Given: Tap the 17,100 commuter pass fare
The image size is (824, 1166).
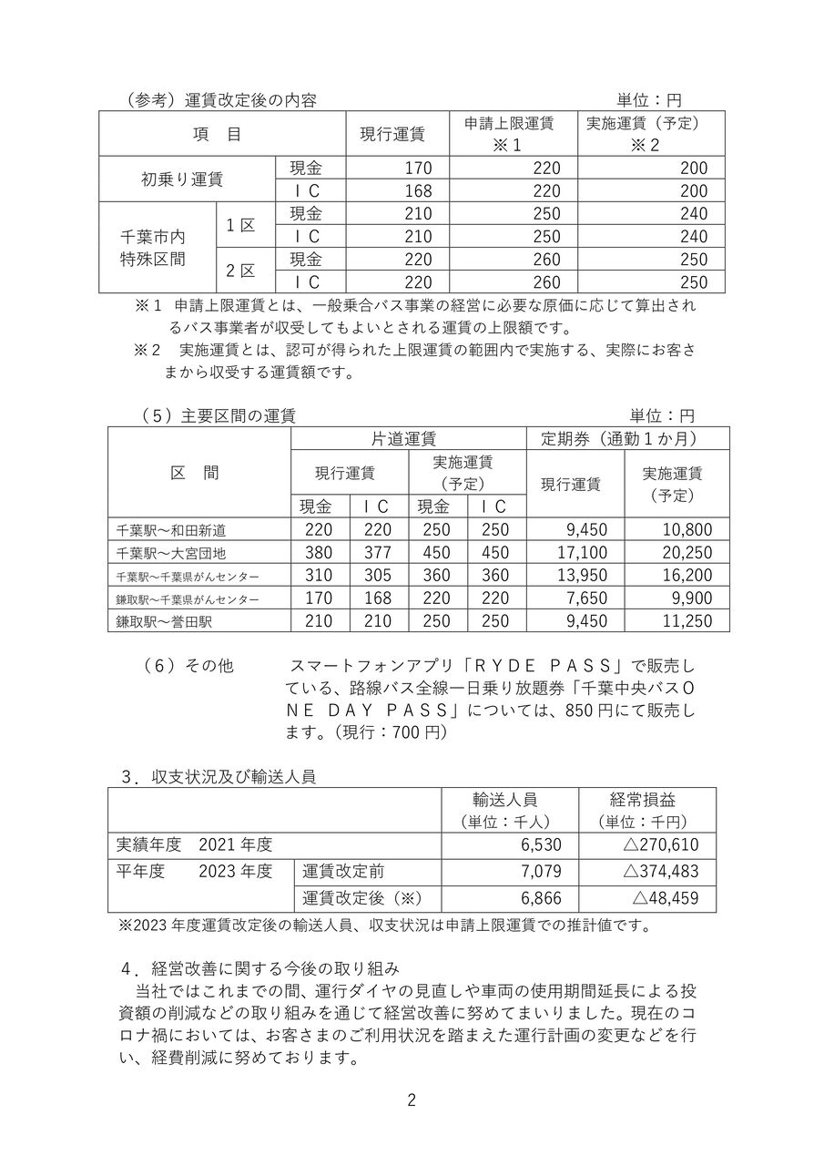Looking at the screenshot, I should tap(576, 553).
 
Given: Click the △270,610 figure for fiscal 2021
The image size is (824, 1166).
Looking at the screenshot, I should tap(661, 844).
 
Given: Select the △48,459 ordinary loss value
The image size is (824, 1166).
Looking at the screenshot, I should tap(666, 897).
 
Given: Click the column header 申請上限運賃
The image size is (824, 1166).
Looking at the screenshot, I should tap(510, 123).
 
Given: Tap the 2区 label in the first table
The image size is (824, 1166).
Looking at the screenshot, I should tap(241, 271).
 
